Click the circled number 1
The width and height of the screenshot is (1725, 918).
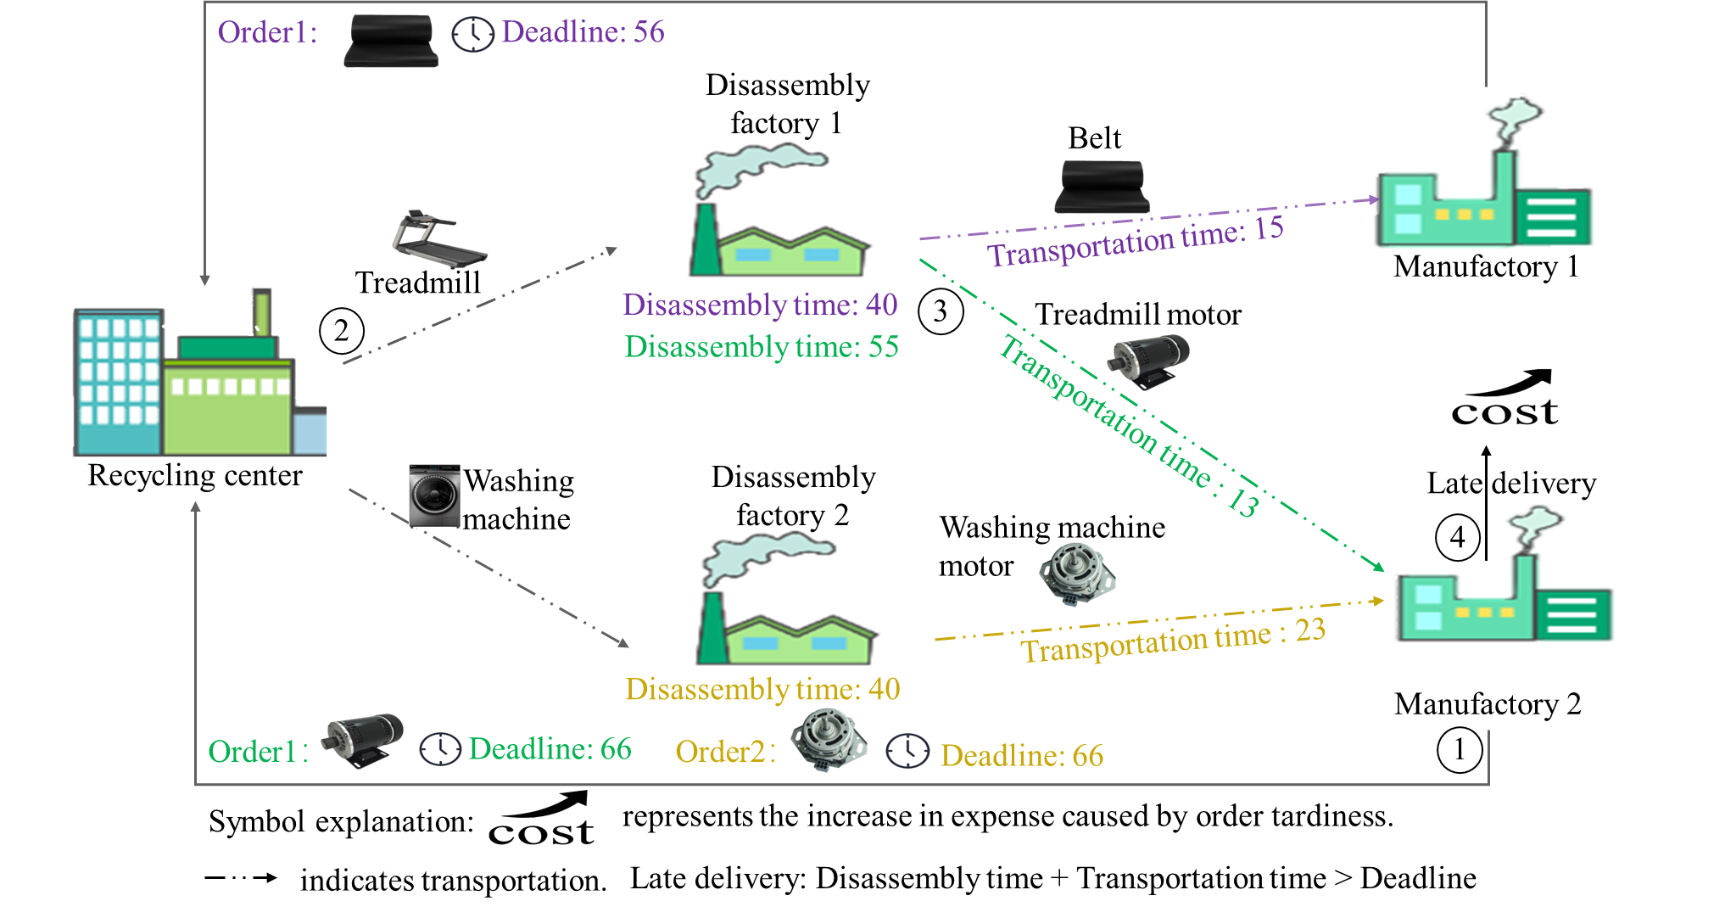click(x=1460, y=750)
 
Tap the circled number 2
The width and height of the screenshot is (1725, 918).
click(x=342, y=331)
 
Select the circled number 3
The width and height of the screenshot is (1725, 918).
click(x=941, y=311)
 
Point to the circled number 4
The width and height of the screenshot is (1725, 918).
click(x=1457, y=537)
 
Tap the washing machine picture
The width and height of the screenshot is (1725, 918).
click(x=434, y=496)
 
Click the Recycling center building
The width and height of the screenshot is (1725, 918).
click(x=200, y=373)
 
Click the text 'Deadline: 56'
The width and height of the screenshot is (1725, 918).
click(x=583, y=32)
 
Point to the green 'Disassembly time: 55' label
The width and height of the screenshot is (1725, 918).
click(x=762, y=347)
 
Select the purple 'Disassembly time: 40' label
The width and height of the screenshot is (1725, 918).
click(x=760, y=305)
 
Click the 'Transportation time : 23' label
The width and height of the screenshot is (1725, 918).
click(x=1173, y=641)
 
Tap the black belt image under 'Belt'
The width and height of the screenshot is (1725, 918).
click(x=1102, y=187)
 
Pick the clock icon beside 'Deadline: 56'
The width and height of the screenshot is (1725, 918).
click(x=472, y=35)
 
